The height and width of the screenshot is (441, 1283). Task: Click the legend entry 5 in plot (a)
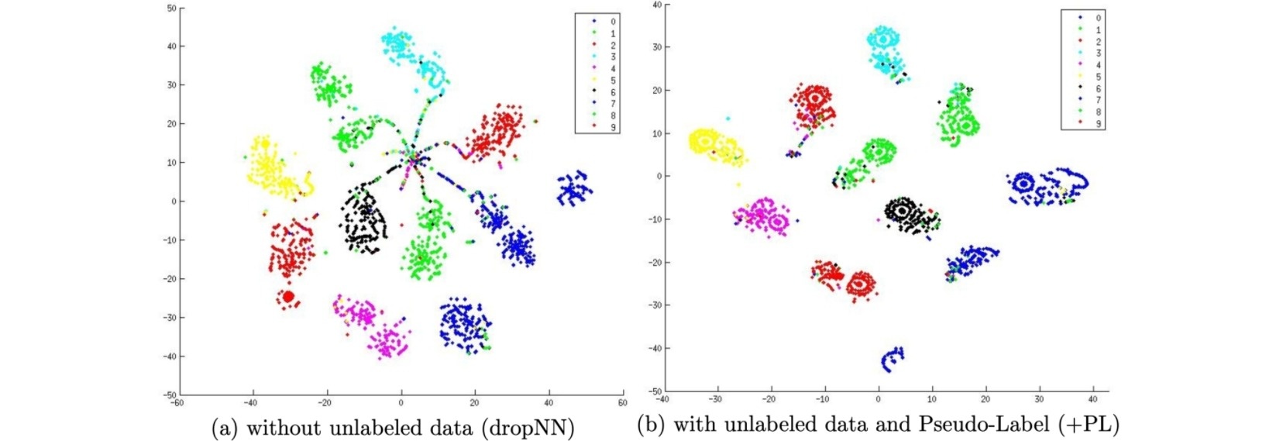613,81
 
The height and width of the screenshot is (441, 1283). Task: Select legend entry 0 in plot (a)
613,22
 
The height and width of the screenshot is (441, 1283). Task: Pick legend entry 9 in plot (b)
1098,124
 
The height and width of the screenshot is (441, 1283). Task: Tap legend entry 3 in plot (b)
1098,53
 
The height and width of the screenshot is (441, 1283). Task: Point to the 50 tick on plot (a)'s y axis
172,9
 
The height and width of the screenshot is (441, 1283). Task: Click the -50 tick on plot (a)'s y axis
170,395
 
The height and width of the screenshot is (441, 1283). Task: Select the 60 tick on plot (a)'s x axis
622,403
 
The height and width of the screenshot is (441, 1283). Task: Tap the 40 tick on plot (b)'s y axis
656,5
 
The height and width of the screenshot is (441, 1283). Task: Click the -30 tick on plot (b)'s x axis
715,399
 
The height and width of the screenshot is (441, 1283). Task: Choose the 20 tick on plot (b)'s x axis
985,399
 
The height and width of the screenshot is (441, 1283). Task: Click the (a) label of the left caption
225,429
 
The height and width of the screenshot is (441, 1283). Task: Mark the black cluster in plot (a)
363,220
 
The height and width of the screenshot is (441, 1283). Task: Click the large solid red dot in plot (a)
288,297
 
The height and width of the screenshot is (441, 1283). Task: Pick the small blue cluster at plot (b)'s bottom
893,358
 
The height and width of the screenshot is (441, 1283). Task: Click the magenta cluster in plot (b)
762,216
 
